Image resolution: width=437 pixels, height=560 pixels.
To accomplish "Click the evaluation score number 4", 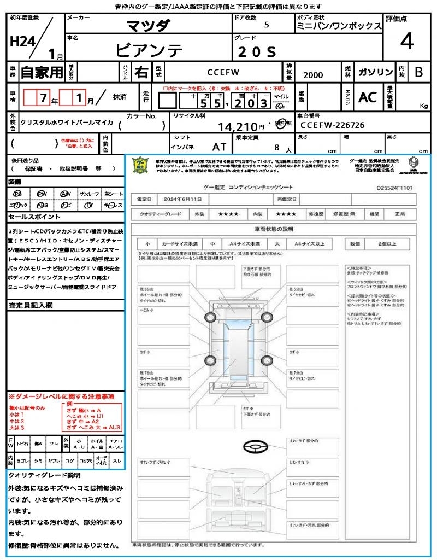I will point(406,42).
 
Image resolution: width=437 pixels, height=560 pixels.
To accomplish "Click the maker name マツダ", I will point(148,26).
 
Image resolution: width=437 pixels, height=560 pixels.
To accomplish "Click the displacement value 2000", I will point(313,75).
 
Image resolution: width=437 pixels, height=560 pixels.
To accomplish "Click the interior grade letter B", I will point(418,72).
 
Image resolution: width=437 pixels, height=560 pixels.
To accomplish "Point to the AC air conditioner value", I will point(368,97).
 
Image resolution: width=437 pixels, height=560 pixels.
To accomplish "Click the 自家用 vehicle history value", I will point(42,72).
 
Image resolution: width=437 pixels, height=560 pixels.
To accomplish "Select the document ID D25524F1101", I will point(394,187).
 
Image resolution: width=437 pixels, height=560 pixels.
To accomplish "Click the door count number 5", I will point(266,25).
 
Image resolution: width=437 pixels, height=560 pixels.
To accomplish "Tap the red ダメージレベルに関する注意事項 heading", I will point(61,396).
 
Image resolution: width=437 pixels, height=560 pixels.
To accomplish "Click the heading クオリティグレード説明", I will point(44,475).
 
